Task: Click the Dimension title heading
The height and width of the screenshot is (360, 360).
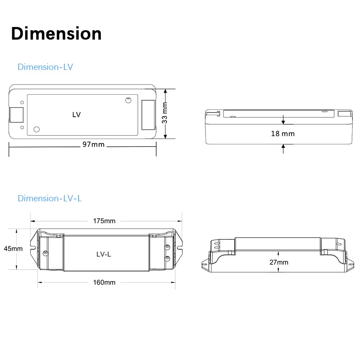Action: click(x=56, y=33)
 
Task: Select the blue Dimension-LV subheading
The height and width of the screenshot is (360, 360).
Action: click(x=45, y=67)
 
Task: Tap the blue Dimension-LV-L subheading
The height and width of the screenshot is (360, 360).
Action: click(x=50, y=198)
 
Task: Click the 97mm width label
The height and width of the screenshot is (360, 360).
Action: click(x=93, y=144)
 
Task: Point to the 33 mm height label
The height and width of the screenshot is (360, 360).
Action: click(x=165, y=113)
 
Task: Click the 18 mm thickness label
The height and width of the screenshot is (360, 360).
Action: click(x=283, y=134)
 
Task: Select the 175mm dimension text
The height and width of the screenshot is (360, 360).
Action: click(x=104, y=221)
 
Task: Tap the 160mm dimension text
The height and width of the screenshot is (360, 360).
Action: click(x=104, y=282)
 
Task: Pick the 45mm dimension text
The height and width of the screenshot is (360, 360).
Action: click(x=13, y=248)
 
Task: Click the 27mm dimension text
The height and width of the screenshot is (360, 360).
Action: click(x=279, y=262)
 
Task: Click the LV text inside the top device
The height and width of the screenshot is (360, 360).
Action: click(x=76, y=115)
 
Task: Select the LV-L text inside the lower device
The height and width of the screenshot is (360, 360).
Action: click(x=104, y=254)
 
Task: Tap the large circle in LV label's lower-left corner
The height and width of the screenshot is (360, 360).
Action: click(x=37, y=129)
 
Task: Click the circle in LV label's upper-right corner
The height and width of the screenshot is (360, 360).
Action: click(x=128, y=100)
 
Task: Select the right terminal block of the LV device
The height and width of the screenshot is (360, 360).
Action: click(x=148, y=114)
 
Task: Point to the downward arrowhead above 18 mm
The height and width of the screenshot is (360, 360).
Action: click(x=283, y=122)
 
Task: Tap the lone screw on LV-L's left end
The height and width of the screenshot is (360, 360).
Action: click(x=45, y=253)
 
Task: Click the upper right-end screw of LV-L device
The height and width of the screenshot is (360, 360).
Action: click(x=167, y=247)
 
